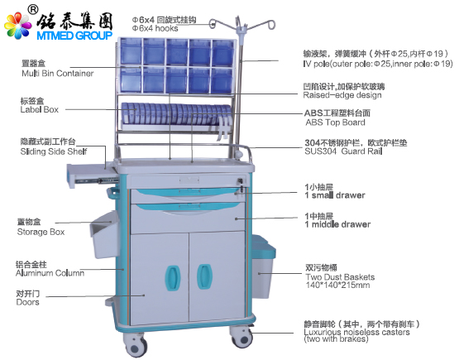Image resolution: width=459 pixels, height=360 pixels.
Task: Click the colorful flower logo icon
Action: (x=17, y=25)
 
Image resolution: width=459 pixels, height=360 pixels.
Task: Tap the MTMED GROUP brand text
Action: (x=74, y=36)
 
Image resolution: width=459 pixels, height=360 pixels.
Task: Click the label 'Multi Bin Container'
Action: (x=58, y=73)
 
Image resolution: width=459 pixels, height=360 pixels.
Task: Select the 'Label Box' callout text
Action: (x=40, y=109)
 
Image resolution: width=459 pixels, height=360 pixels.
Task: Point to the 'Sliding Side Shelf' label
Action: (x=54, y=151)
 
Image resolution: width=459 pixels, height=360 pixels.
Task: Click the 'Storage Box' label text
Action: (x=41, y=232)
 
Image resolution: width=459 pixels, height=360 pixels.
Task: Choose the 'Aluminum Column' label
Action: (x=50, y=273)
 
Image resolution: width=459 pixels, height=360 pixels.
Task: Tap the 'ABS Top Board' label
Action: (x=335, y=122)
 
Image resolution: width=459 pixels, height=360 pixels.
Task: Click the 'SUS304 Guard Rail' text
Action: (x=343, y=151)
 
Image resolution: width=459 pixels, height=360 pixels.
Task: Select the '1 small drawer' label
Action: (x=335, y=195)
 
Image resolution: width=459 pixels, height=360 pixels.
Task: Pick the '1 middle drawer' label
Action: (x=337, y=224)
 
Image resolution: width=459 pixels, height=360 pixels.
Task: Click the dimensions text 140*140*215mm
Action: (x=337, y=285)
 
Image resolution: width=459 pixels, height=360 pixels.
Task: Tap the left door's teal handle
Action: (x=173, y=278)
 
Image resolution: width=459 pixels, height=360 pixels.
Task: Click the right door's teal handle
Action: (x=204, y=276)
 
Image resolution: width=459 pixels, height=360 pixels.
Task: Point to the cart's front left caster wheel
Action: (x=136, y=345)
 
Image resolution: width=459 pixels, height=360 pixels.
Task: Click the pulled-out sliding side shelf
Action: (x=92, y=175)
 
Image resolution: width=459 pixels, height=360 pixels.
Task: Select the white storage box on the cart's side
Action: (x=104, y=235)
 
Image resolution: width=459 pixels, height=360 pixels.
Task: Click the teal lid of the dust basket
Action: (x=264, y=246)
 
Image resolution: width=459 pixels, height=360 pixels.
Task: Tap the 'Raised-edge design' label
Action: (x=342, y=95)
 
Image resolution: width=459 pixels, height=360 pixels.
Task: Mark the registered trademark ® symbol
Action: (x=33, y=10)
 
